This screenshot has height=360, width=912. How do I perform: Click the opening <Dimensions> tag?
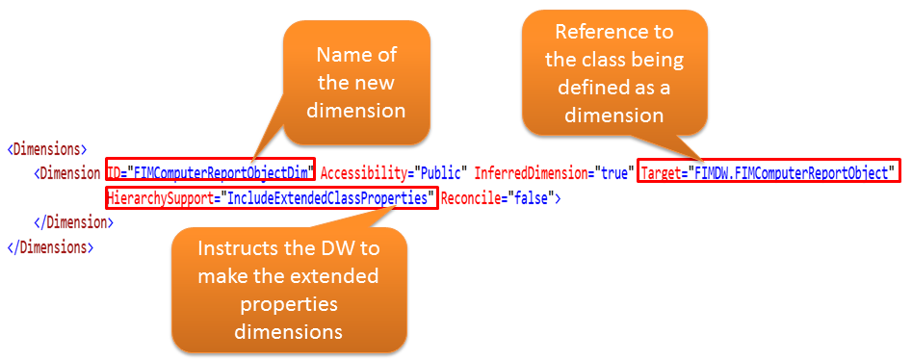tap(47, 149)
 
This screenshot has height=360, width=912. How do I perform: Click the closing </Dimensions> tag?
tap(50, 247)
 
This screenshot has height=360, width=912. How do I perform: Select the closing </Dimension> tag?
tap(74, 222)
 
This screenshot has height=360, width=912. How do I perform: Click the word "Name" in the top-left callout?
tap(342, 55)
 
